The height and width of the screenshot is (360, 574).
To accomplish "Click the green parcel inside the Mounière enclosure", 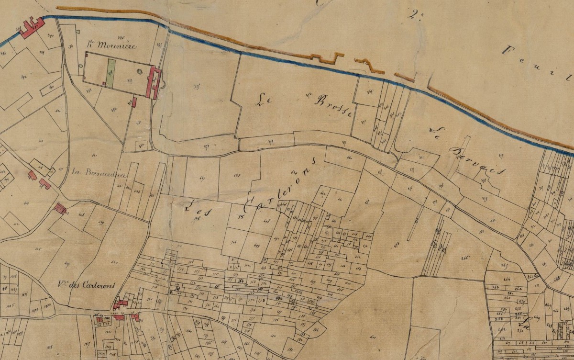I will (x=111, y=73).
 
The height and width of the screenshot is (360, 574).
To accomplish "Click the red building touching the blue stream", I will (x=32, y=27).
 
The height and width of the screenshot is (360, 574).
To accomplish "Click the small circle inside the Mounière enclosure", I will (x=140, y=71).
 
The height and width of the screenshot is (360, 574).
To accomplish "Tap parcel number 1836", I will (x=47, y=303).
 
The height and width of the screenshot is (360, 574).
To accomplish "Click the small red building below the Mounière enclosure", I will (x=134, y=102).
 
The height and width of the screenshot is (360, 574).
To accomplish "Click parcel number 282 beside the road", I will (x=114, y=109).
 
